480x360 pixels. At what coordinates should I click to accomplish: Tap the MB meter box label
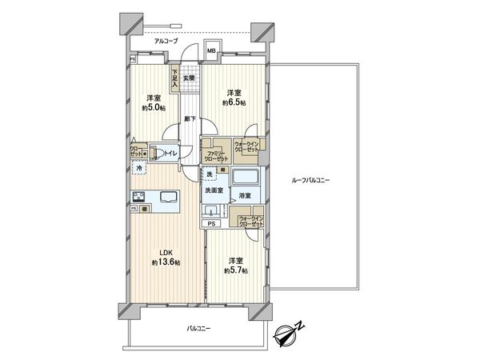(212, 53)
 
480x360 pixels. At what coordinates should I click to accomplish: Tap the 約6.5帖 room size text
(233, 103)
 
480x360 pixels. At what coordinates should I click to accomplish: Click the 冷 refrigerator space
(139, 170)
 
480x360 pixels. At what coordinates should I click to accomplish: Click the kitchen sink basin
(170, 197)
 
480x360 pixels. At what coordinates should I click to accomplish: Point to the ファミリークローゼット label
(214, 154)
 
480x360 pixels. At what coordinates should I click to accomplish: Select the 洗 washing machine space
(210, 175)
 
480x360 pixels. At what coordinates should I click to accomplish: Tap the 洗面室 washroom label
(212, 191)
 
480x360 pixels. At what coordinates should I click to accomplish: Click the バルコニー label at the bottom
(199, 329)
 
